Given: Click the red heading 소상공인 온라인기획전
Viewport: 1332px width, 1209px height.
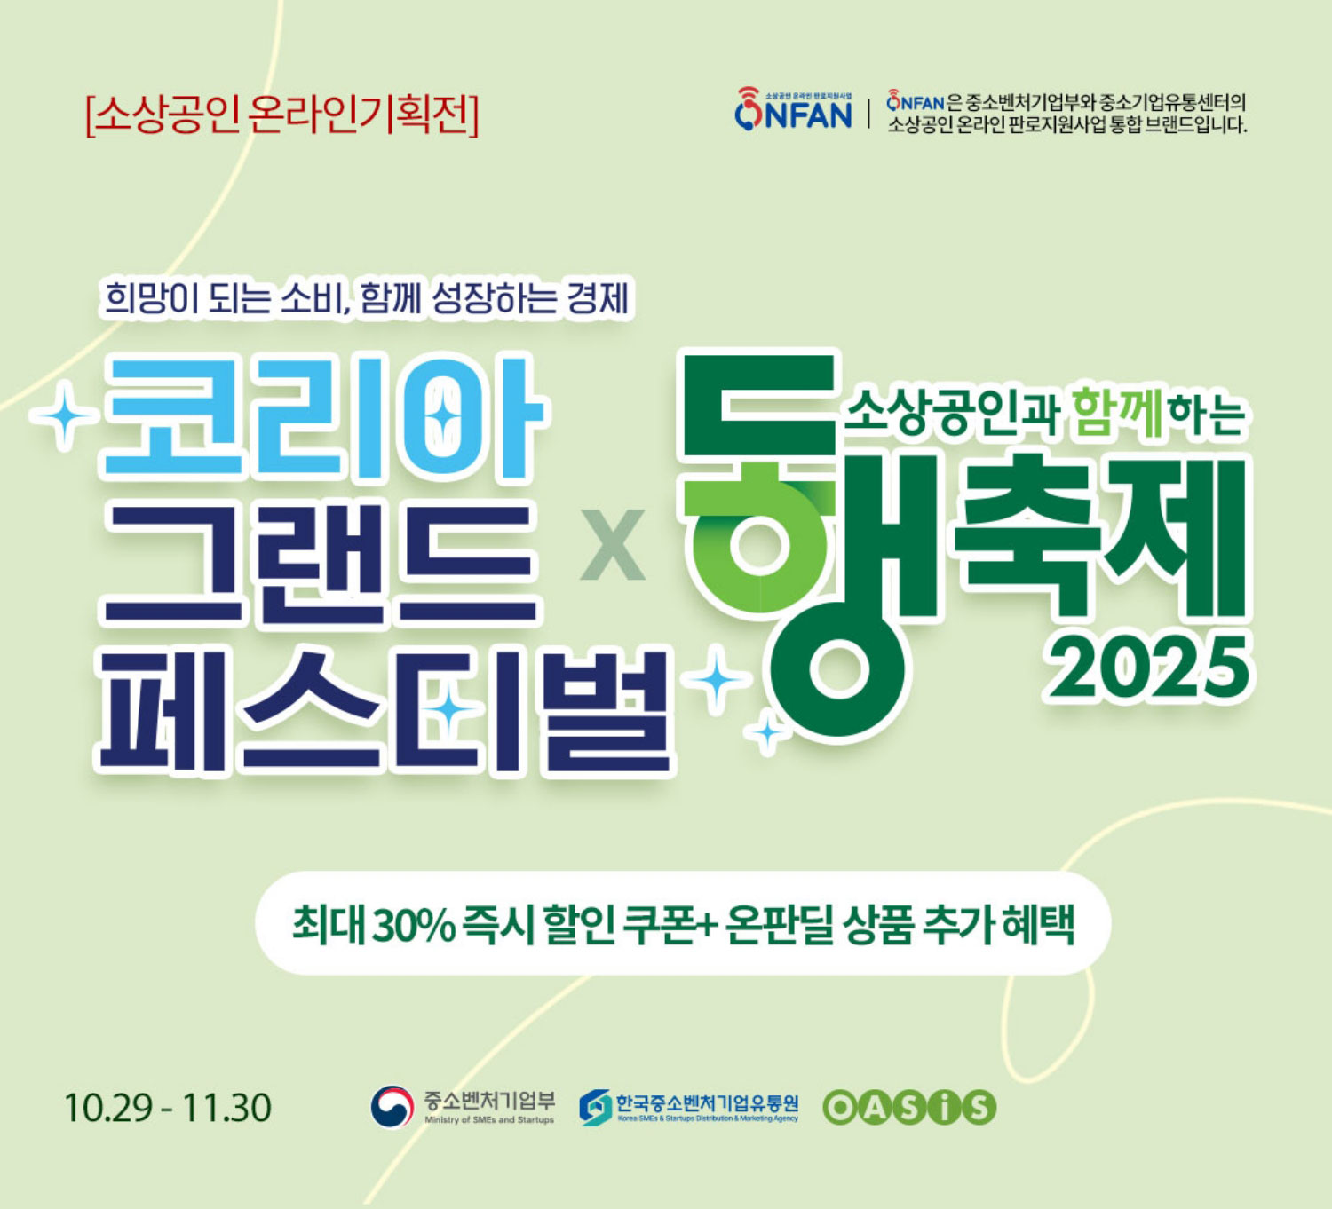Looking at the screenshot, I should pyautogui.click(x=281, y=115).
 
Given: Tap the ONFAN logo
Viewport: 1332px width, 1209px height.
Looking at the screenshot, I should pyautogui.click(x=793, y=111).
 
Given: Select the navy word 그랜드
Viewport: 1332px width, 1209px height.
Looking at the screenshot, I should pyautogui.click(x=321, y=565).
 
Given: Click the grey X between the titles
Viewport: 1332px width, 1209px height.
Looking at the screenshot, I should pyautogui.click(x=613, y=546).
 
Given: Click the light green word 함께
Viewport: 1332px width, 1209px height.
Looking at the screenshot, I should pyautogui.click(x=1116, y=414).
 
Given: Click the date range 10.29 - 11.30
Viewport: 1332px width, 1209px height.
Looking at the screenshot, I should pyautogui.click(x=167, y=1108).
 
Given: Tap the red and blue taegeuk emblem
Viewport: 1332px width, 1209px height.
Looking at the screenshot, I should pyautogui.click(x=392, y=1107).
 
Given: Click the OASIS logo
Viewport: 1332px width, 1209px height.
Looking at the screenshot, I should pyautogui.click(x=908, y=1107).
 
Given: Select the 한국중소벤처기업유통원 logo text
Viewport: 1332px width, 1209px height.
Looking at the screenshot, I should pyautogui.click(x=707, y=1102).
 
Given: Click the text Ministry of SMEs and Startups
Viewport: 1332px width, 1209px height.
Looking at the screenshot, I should pyautogui.click(x=488, y=1120).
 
